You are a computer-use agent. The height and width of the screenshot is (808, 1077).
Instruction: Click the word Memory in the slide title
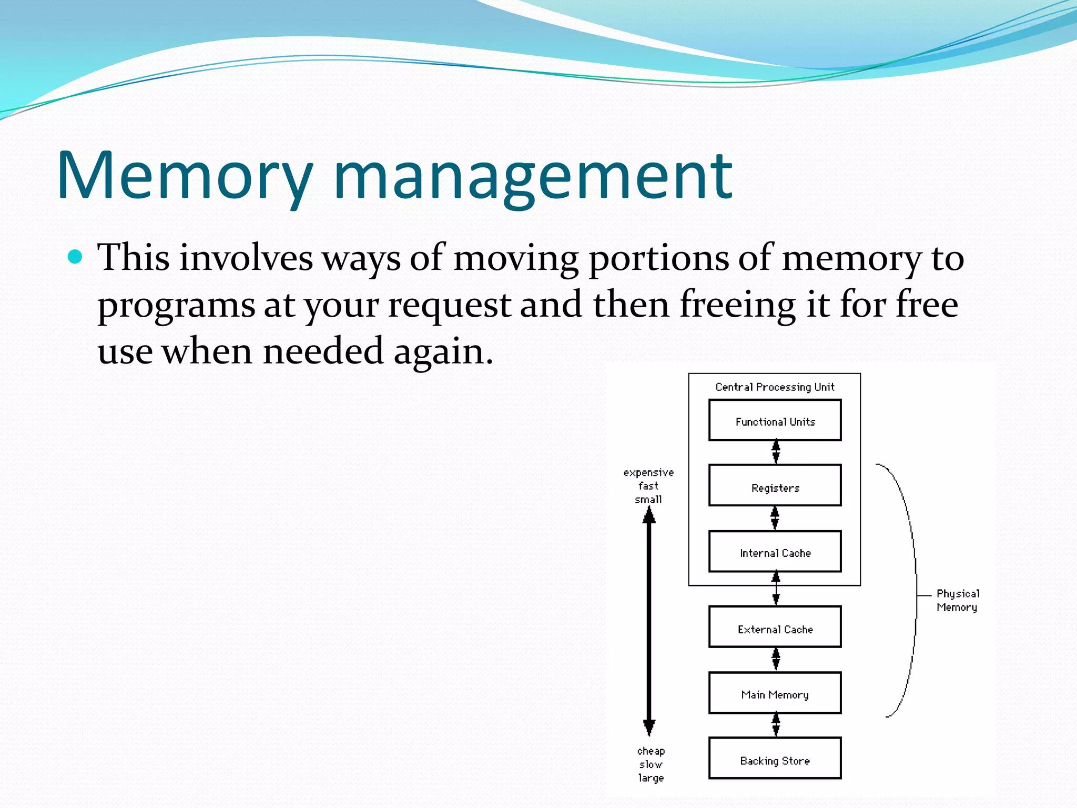(x=184, y=176)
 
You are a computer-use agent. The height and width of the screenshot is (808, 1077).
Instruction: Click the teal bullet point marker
(x=76, y=257)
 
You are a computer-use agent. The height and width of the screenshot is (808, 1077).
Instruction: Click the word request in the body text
(x=449, y=305)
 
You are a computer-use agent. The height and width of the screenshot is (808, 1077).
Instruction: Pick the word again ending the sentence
(x=443, y=351)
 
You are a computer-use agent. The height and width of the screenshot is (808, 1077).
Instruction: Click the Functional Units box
(x=775, y=420)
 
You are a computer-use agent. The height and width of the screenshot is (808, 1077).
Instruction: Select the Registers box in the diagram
(x=775, y=486)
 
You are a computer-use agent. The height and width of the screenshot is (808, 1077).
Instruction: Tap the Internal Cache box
(x=775, y=552)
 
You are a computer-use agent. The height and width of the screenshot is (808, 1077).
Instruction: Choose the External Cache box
(x=775, y=627)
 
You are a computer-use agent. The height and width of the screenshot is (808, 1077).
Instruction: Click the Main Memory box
(x=775, y=693)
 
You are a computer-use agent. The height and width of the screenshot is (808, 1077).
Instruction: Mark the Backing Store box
(x=775, y=759)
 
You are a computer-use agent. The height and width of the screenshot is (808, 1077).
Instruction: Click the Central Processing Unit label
(x=775, y=387)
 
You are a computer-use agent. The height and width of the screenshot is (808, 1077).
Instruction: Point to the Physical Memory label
(x=957, y=600)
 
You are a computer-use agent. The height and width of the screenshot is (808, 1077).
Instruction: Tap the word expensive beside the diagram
(x=648, y=472)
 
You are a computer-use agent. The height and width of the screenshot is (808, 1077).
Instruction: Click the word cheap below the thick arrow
(x=651, y=751)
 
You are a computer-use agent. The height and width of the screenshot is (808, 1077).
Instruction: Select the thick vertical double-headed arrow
(x=649, y=621)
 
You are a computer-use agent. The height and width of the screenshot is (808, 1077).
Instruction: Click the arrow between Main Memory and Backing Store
(x=776, y=725)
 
